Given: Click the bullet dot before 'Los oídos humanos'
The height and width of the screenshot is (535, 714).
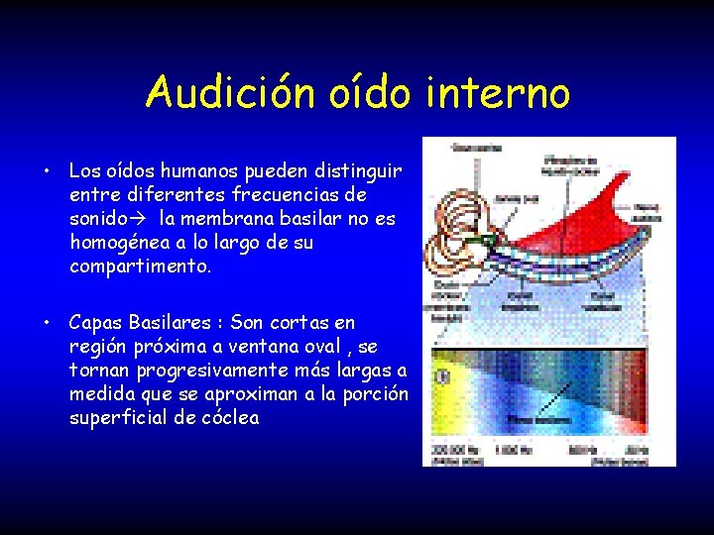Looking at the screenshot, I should point(47,172).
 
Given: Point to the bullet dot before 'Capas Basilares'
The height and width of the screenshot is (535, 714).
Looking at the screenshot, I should point(47,323).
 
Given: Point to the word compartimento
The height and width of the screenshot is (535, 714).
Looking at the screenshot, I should point(140,267).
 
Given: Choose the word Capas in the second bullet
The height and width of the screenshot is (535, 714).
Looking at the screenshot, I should point(96,323).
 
